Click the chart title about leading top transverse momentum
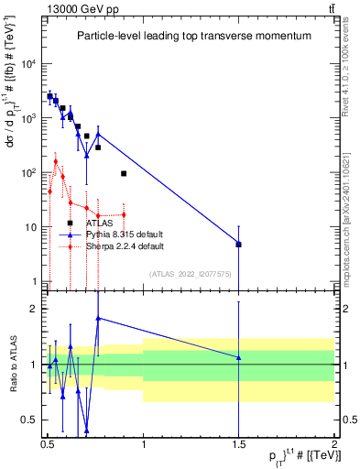click(x=192, y=36)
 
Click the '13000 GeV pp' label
click(x=76, y=8)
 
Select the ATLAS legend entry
click(x=99, y=223)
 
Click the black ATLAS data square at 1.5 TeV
click(x=238, y=245)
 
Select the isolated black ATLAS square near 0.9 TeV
click(x=124, y=173)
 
